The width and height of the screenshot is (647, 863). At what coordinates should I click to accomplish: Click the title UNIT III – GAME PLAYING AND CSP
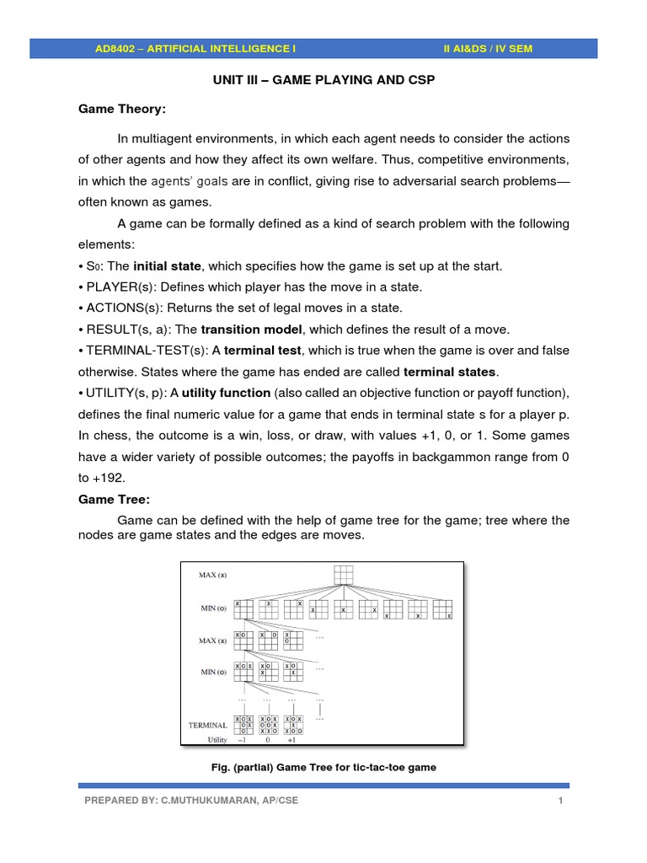coord(323,80)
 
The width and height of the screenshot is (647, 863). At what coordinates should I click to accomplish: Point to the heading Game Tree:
coord(113,499)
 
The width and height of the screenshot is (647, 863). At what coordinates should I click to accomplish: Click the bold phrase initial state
coord(168,266)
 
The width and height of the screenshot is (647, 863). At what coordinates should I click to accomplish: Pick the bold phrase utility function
coord(227,392)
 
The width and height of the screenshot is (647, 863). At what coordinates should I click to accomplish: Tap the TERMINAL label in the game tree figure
coord(207,724)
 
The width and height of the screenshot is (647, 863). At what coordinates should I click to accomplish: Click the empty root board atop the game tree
coord(343,576)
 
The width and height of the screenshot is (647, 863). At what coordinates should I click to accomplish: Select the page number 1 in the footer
coord(559,800)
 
